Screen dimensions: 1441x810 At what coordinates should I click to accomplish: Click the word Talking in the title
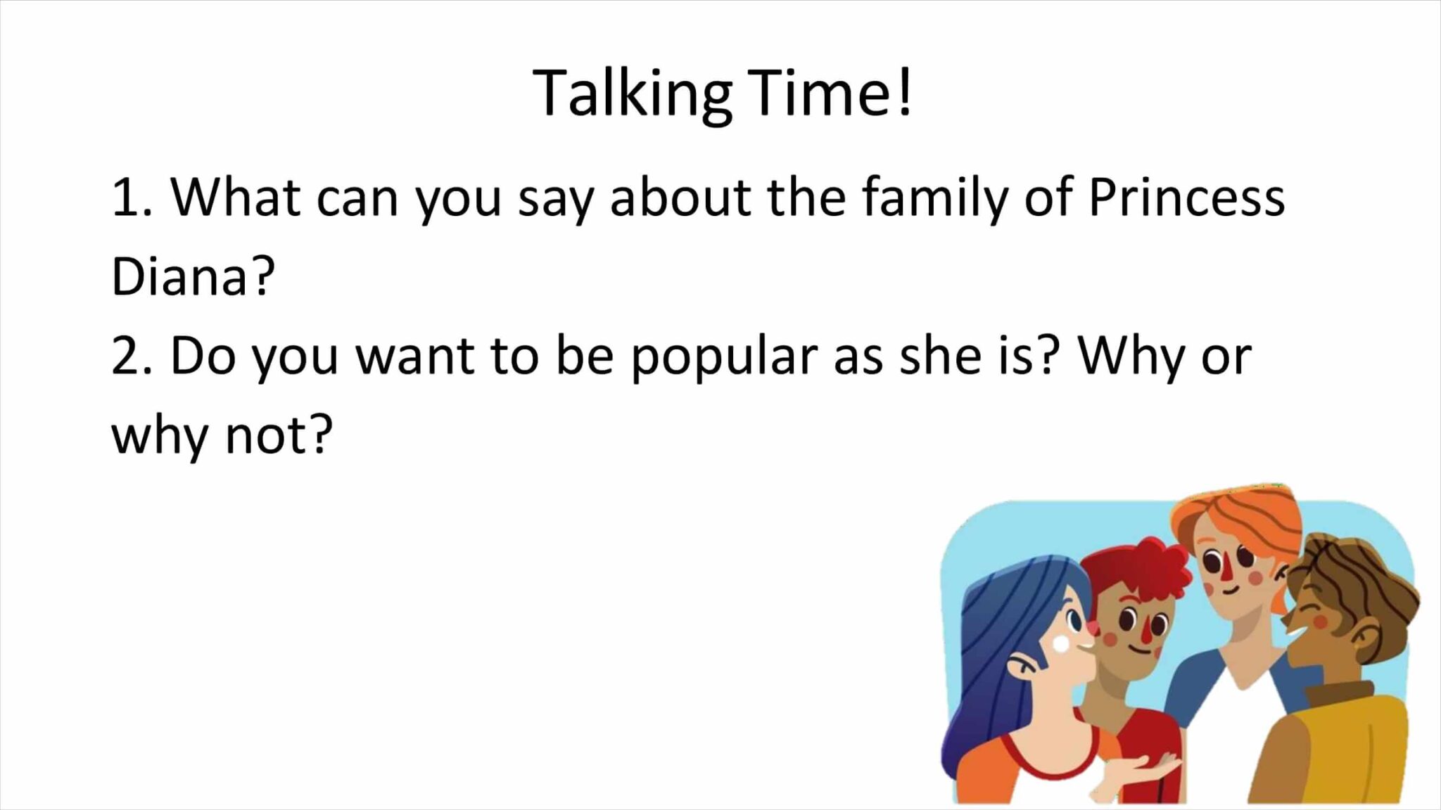[632, 94]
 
